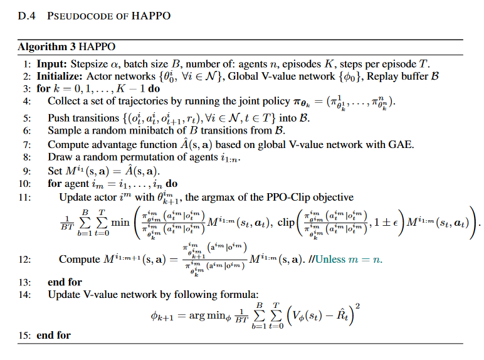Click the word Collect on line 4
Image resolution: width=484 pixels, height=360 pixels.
[65, 101]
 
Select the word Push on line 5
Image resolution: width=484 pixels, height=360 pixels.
[59, 118]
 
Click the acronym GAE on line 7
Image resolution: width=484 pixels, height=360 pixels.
[402, 144]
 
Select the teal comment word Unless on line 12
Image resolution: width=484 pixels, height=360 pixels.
[339, 259]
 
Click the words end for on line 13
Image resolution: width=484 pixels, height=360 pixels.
[65, 282]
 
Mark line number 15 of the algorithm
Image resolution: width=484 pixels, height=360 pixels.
[23, 335]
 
